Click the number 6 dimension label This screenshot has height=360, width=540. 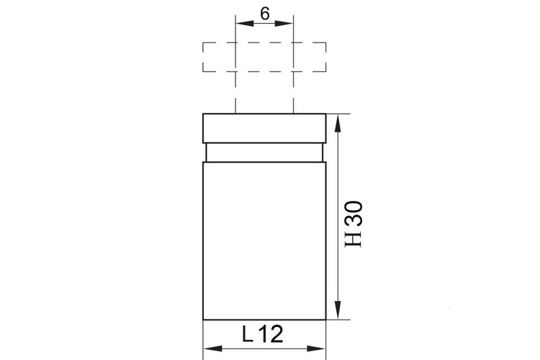pos(264,14)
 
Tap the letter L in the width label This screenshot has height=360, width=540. pos(247,334)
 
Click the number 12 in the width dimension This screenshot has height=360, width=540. pos(271,334)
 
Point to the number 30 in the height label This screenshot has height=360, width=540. pos(354,214)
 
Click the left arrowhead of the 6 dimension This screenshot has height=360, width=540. pos(245,24)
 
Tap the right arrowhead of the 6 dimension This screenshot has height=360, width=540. pos(284,24)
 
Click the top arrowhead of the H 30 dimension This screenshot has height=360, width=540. pos(338,123)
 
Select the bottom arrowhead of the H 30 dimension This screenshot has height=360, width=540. pos(338,310)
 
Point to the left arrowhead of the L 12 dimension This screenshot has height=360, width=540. pos(213,348)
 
